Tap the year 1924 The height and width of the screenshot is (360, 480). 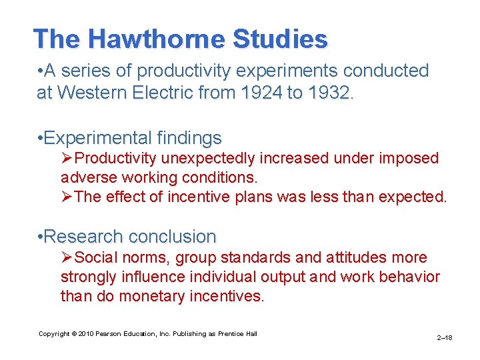pyautogui.click(x=261, y=93)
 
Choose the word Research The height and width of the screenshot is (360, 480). pyautogui.click(x=84, y=237)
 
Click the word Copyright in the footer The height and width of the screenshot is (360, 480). pyautogui.click(x=53, y=334)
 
